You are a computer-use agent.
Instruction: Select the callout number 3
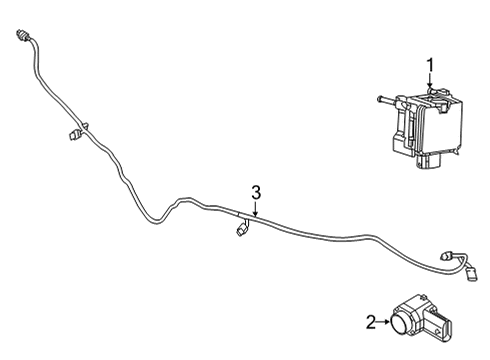tap(256, 192)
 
